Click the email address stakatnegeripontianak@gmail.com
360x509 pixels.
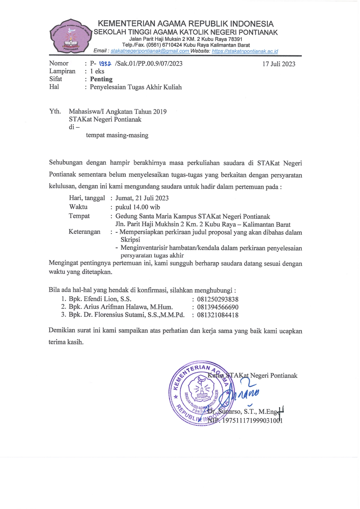pyautogui.click(x=150, y=51)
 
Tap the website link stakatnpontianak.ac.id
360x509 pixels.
pyautogui.click(x=245, y=51)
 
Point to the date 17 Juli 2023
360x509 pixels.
pyautogui.click(x=279, y=64)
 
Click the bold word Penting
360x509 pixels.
pyautogui.click(x=101, y=79)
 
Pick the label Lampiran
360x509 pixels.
pyautogui.click(x=62, y=71)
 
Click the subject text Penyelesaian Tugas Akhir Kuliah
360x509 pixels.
pyautogui.click(x=136, y=87)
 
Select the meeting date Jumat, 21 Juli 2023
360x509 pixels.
pyautogui.click(x=142, y=198)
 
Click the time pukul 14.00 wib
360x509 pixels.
pyautogui.click(x=138, y=207)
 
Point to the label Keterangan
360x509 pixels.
pyautogui.click(x=84, y=232)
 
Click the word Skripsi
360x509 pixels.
pyautogui.click(x=130, y=240)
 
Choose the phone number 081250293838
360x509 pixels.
pyautogui.click(x=218, y=299)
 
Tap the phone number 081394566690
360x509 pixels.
pyautogui.click(x=218, y=307)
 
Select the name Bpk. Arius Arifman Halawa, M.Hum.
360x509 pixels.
pyautogui.click(x=121, y=307)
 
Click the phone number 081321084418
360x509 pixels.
pyautogui.click(x=218, y=315)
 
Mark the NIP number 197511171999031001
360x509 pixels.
pyautogui.click(x=252, y=420)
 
